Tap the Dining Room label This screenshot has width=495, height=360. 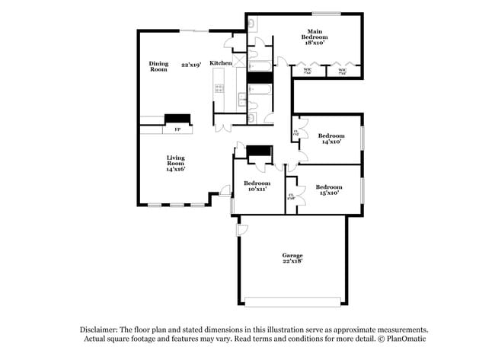(x=158, y=67)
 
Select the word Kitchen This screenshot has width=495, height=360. (x=221, y=63)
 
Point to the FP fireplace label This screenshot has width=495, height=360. (x=177, y=130)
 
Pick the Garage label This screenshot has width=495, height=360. (x=292, y=255)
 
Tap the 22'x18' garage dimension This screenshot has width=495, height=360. (x=292, y=261)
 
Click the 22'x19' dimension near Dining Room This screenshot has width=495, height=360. (x=191, y=65)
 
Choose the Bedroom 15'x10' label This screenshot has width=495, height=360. (x=328, y=190)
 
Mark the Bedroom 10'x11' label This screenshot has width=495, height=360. (x=257, y=186)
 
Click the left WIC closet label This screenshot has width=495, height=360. (x=308, y=72)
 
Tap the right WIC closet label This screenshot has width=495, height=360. (x=342, y=72)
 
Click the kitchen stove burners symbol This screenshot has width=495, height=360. (x=219, y=88)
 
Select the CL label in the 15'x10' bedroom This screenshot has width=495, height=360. (x=291, y=196)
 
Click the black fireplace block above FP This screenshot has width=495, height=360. (x=178, y=118)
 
